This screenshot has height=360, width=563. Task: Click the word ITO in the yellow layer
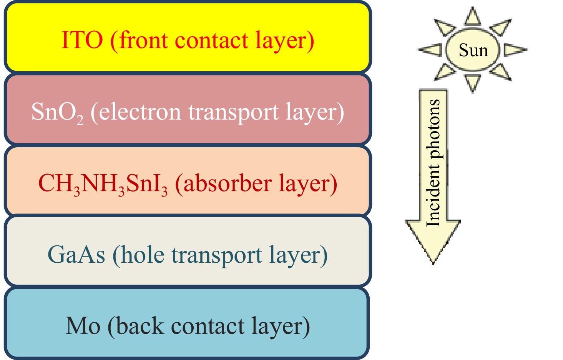(x=82, y=40)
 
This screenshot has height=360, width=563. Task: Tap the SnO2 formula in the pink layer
(x=57, y=112)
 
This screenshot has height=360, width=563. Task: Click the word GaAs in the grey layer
(x=76, y=255)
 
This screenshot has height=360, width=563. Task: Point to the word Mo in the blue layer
(x=83, y=326)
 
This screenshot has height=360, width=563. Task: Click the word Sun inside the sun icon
(x=473, y=50)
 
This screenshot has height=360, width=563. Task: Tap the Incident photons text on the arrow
(x=433, y=163)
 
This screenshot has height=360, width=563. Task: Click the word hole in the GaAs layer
(x=143, y=255)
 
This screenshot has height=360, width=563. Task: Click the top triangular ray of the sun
(x=473, y=17)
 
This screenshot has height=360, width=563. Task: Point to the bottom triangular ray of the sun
(x=473, y=82)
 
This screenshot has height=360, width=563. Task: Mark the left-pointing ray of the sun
(x=430, y=50)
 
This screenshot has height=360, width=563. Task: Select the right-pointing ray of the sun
(x=515, y=50)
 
